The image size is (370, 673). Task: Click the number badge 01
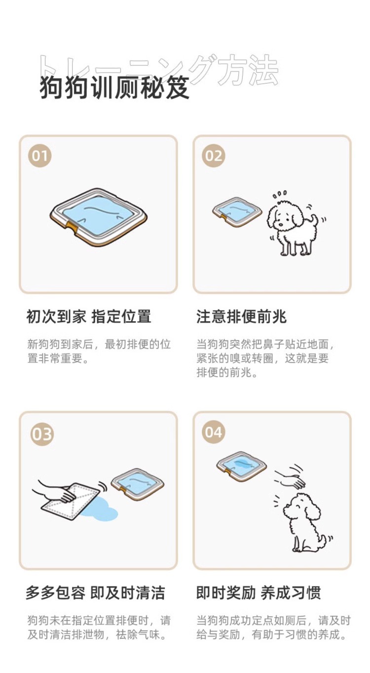coord(40,156)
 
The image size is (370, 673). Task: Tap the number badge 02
coord(213,156)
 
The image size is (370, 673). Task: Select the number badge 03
coord(42,434)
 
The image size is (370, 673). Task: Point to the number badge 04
coord(213,432)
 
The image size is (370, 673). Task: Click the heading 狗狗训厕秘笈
coord(114,87)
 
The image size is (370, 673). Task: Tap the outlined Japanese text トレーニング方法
coord(158,70)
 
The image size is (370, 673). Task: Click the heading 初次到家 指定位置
coord(89,317)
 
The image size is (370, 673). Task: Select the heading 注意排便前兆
coord(242,317)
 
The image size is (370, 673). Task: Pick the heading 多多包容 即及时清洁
coord(95,593)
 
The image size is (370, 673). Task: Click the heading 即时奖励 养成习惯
coord(259,593)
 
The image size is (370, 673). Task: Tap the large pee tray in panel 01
coord(99,217)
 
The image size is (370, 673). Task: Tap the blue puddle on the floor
coord(101,508)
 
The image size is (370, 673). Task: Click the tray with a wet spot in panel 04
coord(242,466)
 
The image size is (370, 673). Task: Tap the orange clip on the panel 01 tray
coord(73,227)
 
